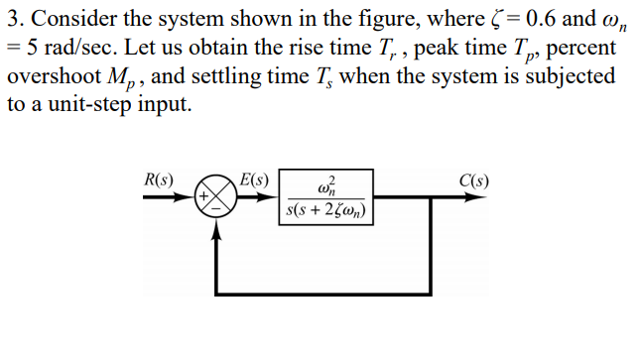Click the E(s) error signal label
254,180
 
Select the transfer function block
326,195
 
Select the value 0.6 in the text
535,16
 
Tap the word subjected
569,76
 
